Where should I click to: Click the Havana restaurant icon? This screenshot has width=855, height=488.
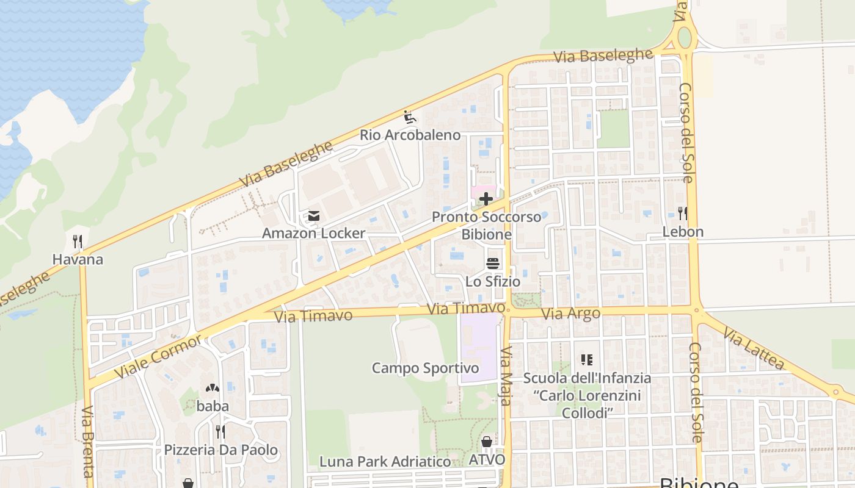point(78,242)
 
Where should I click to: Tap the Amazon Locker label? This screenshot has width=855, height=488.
point(313,233)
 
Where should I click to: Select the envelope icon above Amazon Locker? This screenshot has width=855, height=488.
point(314,215)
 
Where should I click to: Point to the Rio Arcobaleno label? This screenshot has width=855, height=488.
point(410,135)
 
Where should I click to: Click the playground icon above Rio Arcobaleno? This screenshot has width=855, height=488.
point(410,117)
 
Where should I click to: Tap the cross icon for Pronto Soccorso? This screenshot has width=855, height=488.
point(486,199)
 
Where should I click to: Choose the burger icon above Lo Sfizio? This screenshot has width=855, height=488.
point(493,264)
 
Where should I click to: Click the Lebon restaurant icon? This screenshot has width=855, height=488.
point(683,213)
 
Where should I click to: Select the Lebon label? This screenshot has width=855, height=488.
point(683,232)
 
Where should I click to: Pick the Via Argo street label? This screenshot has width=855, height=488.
point(571,314)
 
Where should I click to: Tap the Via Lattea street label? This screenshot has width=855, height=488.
point(753,349)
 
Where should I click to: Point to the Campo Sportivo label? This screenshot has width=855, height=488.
point(425,368)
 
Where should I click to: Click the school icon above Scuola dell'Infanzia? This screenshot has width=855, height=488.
point(587,360)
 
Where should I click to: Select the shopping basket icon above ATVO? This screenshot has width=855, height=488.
point(487,442)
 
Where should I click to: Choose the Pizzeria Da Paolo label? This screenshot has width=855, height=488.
point(220,450)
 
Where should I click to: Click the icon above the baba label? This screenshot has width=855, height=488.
point(213,387)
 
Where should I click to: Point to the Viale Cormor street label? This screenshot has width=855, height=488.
point(158,356)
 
